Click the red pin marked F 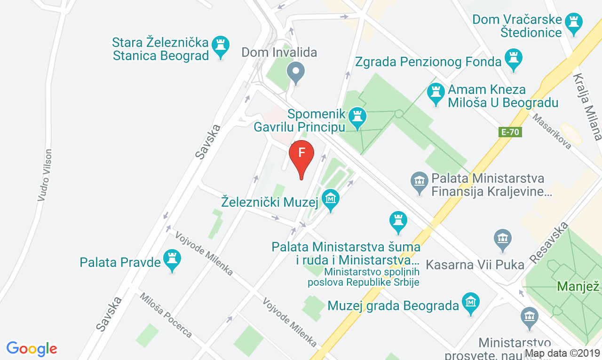tap(301, 155)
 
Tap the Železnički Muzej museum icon tap(331, 200)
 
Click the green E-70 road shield tap(510, 132)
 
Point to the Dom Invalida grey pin tap(296, 72)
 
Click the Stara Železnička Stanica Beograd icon tap(221, 47)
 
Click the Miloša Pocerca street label tap(166, 315)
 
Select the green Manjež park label tap(578, 286)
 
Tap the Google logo tap(32, 349)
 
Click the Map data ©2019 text tap(562, 353)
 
